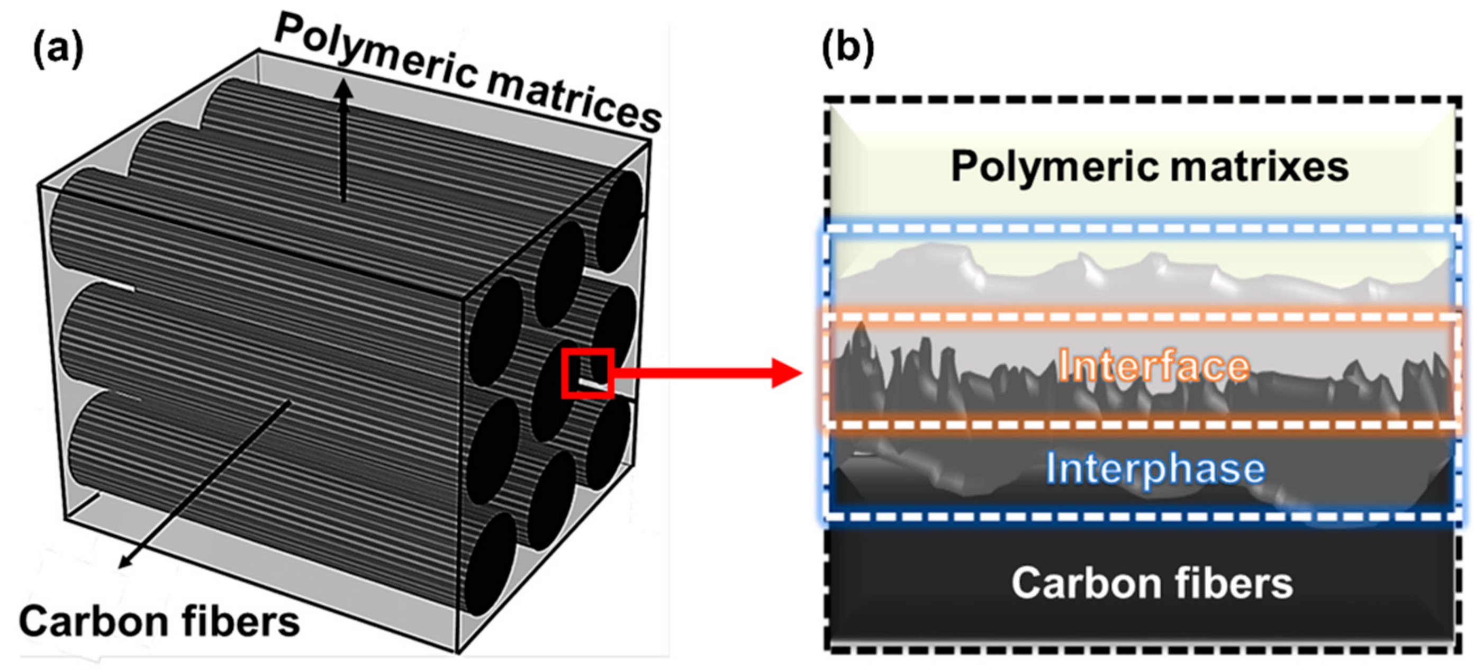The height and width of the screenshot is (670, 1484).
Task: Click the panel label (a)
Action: (58, 51)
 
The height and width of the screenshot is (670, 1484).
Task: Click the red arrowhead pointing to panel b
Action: (786, 373)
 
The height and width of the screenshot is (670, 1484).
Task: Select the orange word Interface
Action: (1154, 366)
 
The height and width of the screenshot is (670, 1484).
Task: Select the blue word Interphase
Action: (1155, 468)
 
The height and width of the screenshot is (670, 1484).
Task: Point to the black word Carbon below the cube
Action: (92, 621)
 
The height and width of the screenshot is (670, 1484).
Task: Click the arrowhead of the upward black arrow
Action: (344, 89)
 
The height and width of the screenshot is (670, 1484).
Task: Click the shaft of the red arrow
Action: (691, 373)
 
